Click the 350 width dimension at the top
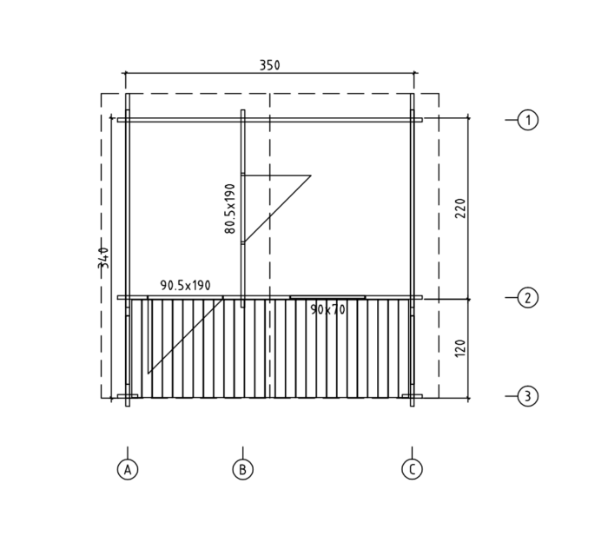(269, 65)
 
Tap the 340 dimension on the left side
(103, 258)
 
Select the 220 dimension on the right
(459, 208)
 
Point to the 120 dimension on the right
(459, 348)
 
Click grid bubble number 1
(528, 120)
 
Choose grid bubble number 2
(528, 298)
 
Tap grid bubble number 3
(528, 396)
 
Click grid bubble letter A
(128, 469)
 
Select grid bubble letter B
(242, 469)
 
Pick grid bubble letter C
(413, 469)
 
